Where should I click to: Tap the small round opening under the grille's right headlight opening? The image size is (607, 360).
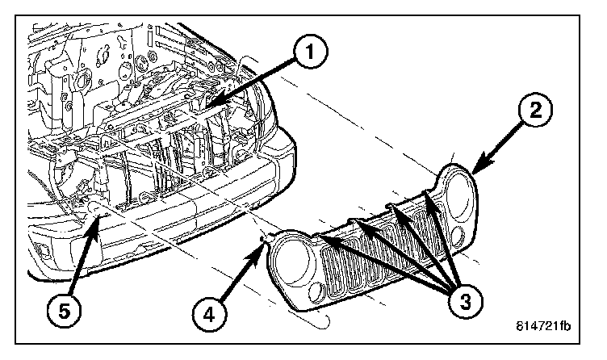458,235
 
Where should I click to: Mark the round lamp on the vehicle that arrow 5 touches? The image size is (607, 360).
96,211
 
